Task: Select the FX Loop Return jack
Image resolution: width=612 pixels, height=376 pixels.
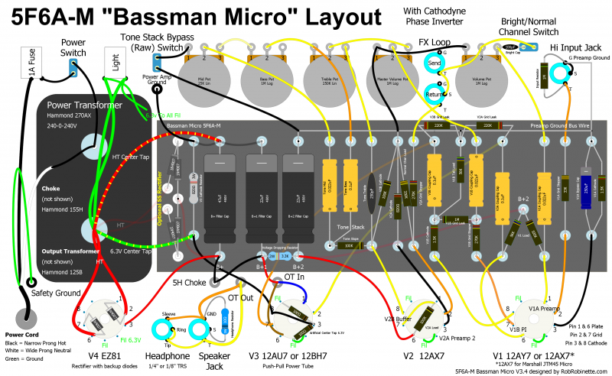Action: point(434,95)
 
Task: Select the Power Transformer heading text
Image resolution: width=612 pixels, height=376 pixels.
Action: point(85,105)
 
